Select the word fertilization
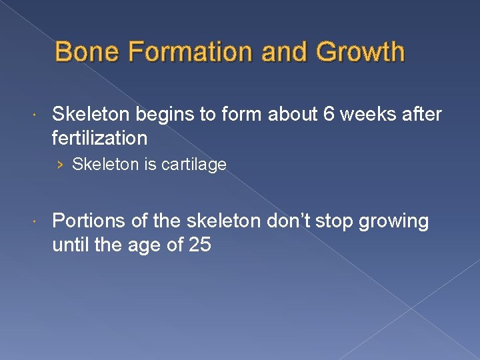tap(99, 138)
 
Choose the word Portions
tap(85, 221)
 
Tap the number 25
tap(199, 245)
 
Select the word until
tap(71, 245)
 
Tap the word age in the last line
tap(147, 246)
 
